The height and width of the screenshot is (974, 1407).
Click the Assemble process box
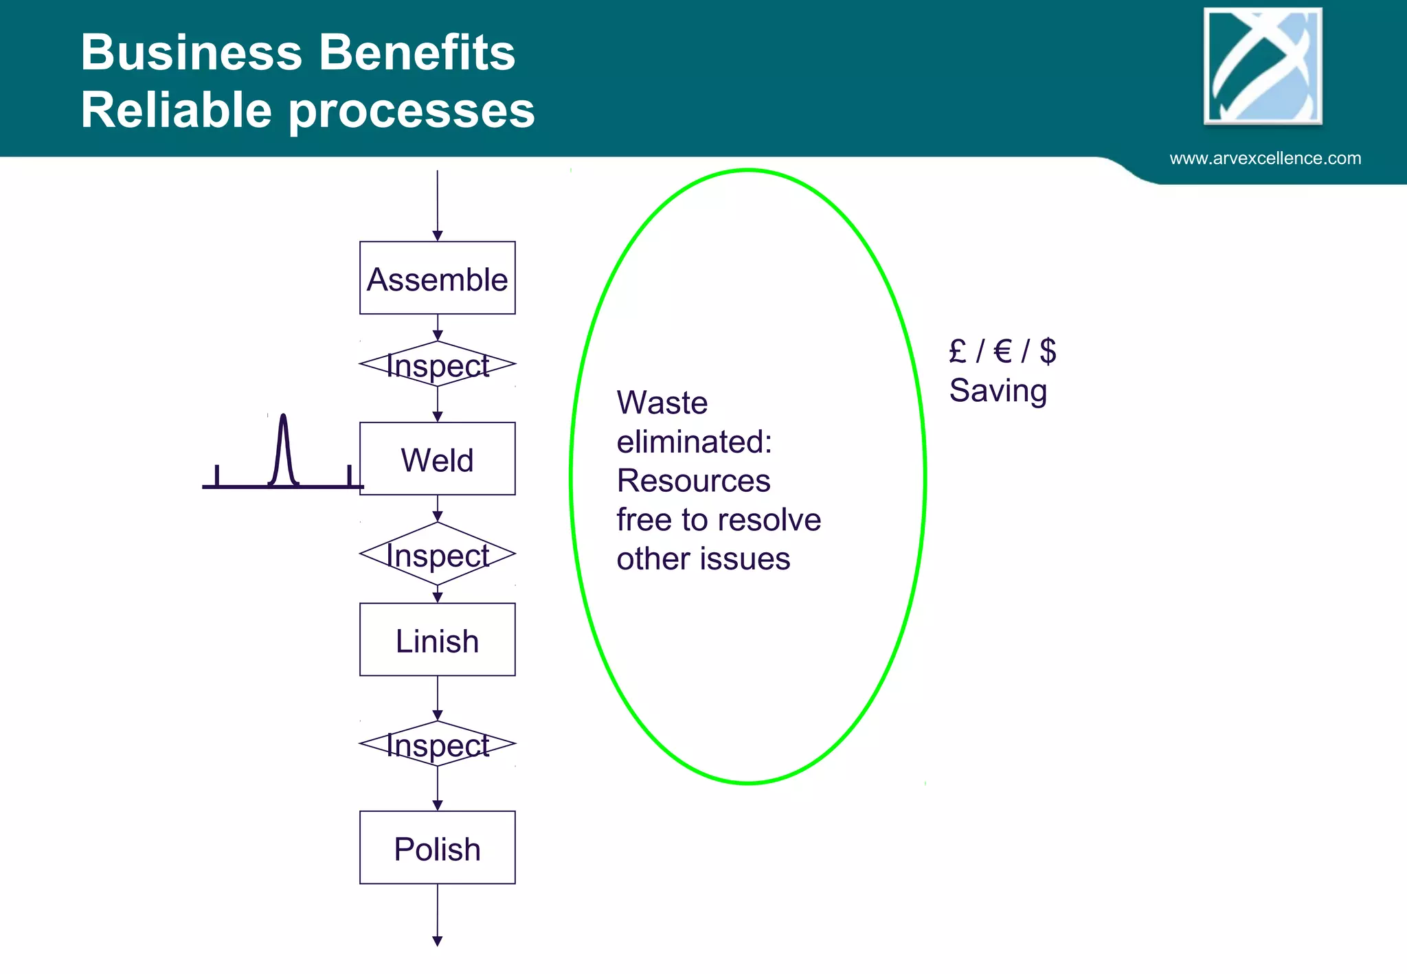click(437, 278)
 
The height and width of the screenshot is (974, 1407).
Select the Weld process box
click(437, 459)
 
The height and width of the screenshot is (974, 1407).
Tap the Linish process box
click(437, 640)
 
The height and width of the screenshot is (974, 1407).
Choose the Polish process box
click(437, 848)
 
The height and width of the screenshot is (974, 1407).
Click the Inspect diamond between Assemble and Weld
click(437, 364)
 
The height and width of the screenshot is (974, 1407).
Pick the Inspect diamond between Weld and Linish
click(437, 554)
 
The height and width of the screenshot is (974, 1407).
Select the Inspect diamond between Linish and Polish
click(437, 744)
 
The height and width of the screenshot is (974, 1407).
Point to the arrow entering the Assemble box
click(437, 206)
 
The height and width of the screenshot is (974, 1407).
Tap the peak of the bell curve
click(283, 416)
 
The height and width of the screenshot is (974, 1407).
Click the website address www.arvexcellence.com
click(1265, 158)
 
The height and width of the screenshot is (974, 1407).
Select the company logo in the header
click(1263, 66)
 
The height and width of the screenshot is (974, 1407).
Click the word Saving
click(998, 391)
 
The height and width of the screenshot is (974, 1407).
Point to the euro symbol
click(1003, 351)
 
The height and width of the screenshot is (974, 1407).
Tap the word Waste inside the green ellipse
click(662, 403)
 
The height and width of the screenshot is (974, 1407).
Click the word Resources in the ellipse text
click(693, 481)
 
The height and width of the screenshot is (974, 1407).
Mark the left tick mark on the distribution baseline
click(217, 475)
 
